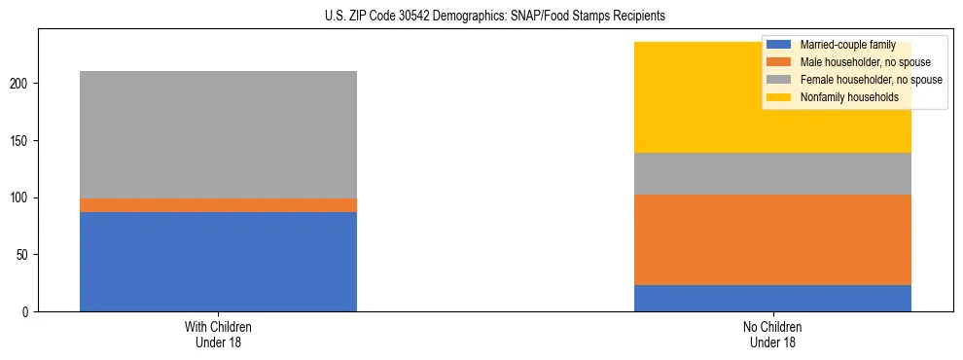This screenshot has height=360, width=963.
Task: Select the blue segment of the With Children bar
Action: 218,262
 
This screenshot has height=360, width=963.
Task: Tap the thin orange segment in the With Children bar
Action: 218,205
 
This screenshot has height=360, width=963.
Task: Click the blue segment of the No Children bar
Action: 772,298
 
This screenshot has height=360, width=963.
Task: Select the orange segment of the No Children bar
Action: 772,239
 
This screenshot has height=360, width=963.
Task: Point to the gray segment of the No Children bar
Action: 772,173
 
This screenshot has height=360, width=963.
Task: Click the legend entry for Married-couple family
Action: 841,45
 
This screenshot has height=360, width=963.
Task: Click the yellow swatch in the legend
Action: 779,97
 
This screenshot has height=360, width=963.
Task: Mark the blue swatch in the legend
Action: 779,45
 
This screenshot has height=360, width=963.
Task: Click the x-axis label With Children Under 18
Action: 218,334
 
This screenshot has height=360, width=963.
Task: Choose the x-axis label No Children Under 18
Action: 772,334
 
